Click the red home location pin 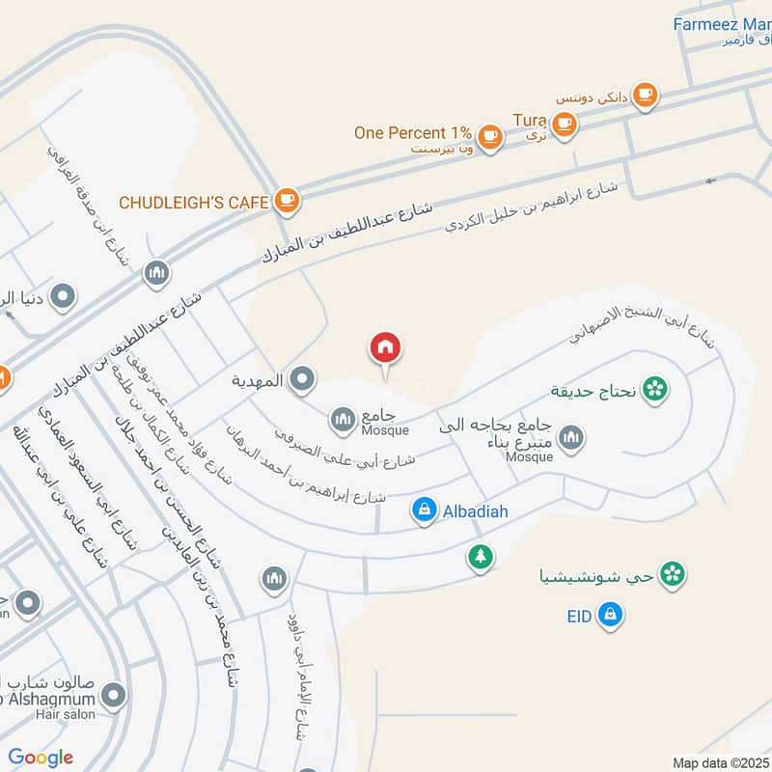point(385,348)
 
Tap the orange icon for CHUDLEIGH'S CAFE point(286,201)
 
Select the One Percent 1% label point(412,133)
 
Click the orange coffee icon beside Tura point(565,123)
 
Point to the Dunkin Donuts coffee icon point(645,95)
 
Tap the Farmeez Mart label point(722,24)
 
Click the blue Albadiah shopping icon point(424,510)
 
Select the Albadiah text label point(475,510)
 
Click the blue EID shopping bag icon point(608,614)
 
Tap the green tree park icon point(480,556)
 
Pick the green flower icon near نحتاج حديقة point(655,390)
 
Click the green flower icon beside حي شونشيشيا point(673,575)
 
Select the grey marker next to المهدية point(302,380)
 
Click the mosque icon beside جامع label point(342,419)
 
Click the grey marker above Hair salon point(114,694)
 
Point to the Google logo point(41,758)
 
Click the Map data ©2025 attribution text point(718,763)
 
